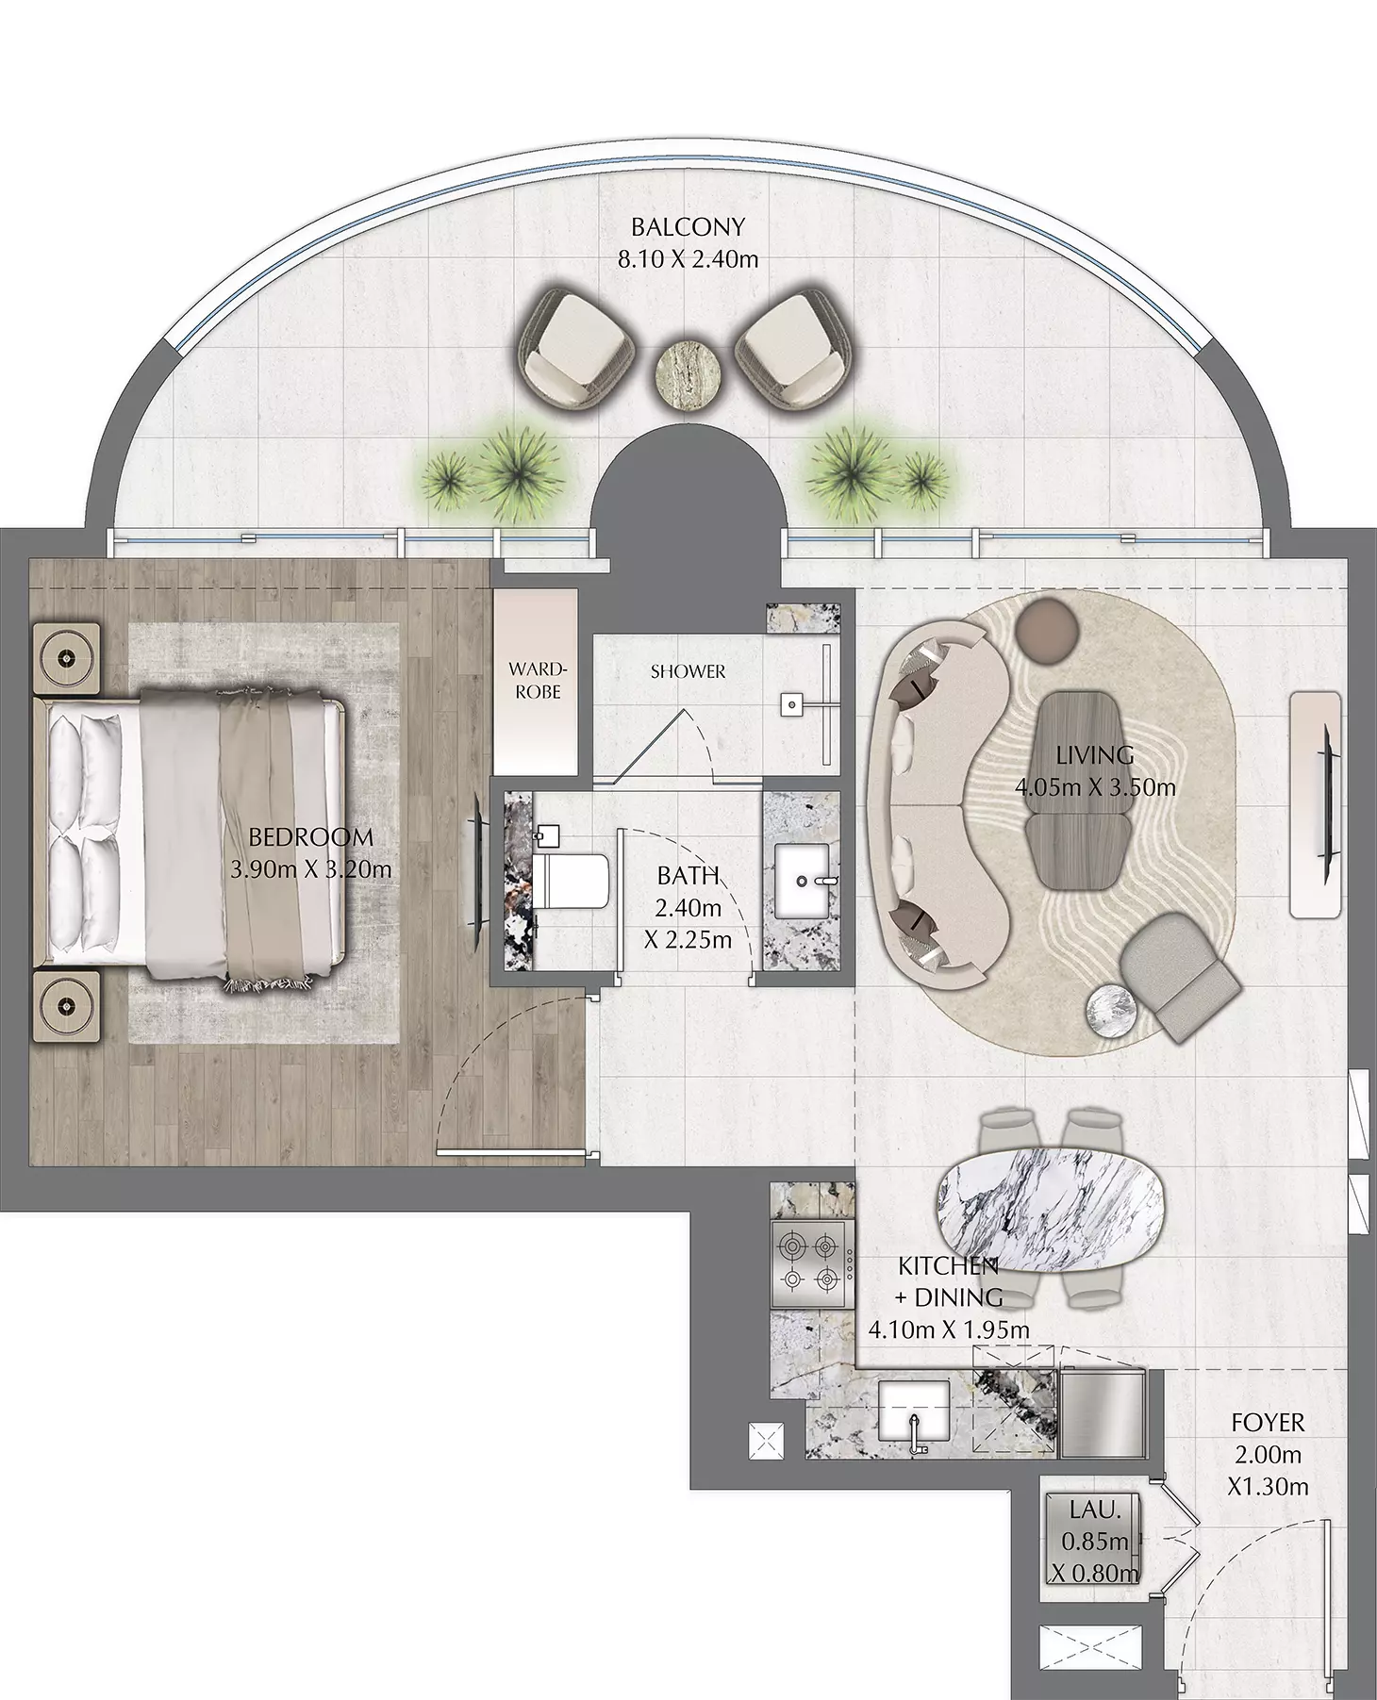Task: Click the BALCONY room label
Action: click(688, 227)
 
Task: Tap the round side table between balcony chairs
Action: click(687, 372)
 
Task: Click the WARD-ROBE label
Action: click(535, 680)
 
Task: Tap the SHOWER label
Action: click(688, 672)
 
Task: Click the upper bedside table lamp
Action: click(67, 654)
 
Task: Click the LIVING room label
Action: click(1095, 755)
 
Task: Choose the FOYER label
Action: click(1268, 1423)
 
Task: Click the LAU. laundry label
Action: click(1096, 1509)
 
